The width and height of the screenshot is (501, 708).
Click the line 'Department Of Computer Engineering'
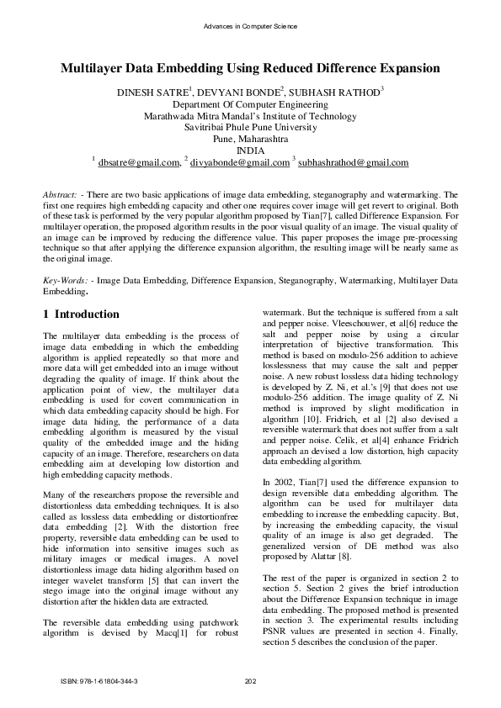click(x=250, y=103)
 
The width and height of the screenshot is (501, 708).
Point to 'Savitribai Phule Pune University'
click(x=250, y=127)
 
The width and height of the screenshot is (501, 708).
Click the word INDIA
click(x=250, y=151)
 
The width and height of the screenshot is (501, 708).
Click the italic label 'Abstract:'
click(x=60, y=194)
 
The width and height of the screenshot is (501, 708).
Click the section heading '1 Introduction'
click(x=81, y=314)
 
